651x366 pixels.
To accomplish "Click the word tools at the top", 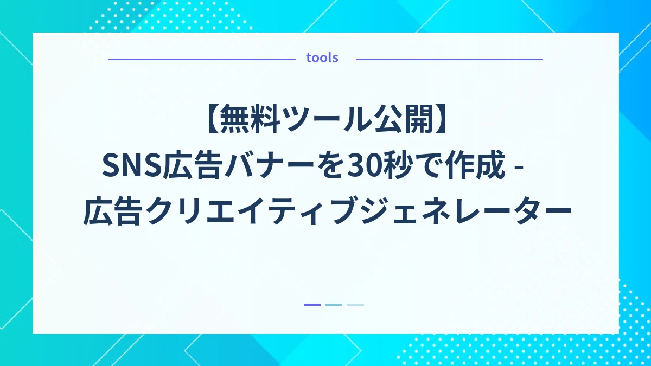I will [322, 58].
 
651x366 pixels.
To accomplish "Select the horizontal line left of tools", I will [201, 59].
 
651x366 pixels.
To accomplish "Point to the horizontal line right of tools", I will [449, 59].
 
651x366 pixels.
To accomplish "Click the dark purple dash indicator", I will [312, 305].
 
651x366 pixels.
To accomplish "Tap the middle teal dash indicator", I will [334, 305].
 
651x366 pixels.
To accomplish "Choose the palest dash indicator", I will [355, 305].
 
